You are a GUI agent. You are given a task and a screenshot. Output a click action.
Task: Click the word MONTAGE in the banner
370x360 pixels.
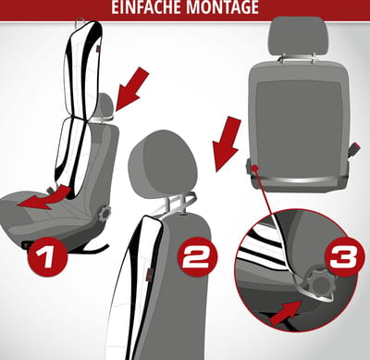tap(223, 6)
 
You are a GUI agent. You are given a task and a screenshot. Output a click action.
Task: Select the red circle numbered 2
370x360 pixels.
tap(198, 256)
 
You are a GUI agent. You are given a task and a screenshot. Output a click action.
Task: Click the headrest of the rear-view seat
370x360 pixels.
tap(298, 35)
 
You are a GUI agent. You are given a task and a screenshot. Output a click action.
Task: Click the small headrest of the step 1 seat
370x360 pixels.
tap(106, 104)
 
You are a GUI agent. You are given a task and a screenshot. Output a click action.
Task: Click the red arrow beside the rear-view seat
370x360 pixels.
tap(228, 144)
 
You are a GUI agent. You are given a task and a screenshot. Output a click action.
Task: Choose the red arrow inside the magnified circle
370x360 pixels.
tap(285, 313)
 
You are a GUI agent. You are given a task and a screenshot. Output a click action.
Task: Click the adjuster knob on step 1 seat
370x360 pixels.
tap(105, 214)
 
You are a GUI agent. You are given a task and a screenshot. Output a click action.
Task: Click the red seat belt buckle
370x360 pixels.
tap(354, 148)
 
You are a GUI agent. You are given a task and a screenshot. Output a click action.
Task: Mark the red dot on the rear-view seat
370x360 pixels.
tap(254, 168)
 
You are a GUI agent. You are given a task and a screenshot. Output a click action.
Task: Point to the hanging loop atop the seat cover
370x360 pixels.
tap(80, 22)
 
